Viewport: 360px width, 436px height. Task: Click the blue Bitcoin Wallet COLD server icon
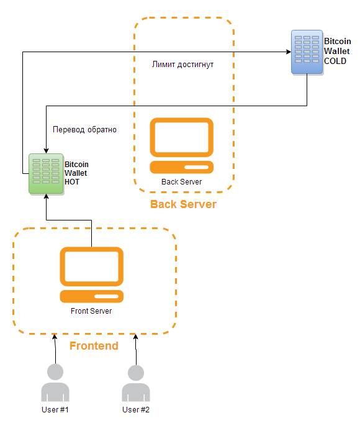(x=307, y=52)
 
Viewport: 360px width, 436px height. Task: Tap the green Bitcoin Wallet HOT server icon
(x=46, y=173)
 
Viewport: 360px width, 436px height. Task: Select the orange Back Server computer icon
(x=181, y=145)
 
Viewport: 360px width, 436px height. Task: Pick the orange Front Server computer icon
(x=91, y=275)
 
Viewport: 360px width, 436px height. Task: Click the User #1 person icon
(x=55, y=383)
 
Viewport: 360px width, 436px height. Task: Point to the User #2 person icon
(x=136, y=383)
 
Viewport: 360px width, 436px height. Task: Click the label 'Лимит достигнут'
(x=182, y=65)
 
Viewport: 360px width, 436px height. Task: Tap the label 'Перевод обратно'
(x=84, y=130)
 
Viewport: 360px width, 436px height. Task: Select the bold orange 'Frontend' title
(x=94, y=345)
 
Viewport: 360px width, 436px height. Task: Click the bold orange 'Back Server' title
(x=183, y=204)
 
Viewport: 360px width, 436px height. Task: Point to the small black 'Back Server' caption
(x=181, y=181)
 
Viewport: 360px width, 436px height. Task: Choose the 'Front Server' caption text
(x=91, y=311)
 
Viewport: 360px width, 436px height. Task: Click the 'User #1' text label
(x=55, y=409)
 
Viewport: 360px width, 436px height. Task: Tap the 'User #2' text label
(x=136, y=409)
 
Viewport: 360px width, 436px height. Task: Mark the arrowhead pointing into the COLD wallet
(x=289, y=52)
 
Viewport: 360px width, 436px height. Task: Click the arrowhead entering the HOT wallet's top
(x=46, y=151)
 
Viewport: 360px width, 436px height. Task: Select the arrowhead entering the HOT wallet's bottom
(x=46, y=197)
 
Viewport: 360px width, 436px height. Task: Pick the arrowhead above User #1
(x=55, y=337)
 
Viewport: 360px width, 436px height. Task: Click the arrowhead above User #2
(x=136, y=337)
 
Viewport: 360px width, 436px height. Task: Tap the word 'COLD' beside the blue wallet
(x=335, y=61)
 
